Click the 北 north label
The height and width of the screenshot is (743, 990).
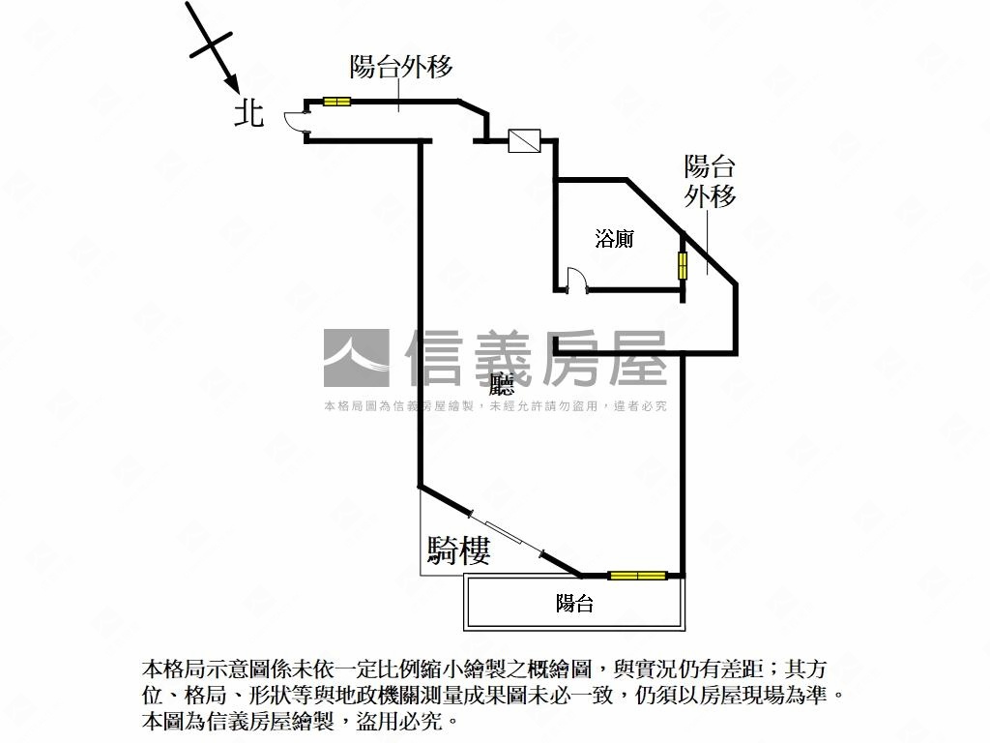(249, 114)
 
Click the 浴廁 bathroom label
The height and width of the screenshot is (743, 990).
(614, 238)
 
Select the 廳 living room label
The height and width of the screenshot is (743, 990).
(502, 385)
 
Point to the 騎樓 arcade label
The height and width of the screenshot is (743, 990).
(458, 550)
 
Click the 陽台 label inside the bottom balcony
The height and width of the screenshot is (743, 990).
(574, 605)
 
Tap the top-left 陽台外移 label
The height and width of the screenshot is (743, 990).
(401, 67)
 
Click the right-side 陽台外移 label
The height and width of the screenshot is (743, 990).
(711, 180)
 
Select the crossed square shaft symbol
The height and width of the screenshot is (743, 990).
(523, 141)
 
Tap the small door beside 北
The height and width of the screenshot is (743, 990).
(294, 119)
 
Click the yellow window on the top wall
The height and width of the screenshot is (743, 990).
(336, 101)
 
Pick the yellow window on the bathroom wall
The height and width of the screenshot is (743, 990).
(683, 265)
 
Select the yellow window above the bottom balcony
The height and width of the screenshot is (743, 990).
(637, 576)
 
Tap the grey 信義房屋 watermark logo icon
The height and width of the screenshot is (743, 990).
(356, 359)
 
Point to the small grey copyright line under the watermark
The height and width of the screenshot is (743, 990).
(495, 406)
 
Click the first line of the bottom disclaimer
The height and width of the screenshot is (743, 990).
(483, 669)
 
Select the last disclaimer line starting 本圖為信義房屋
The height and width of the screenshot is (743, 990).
(298, 722)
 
